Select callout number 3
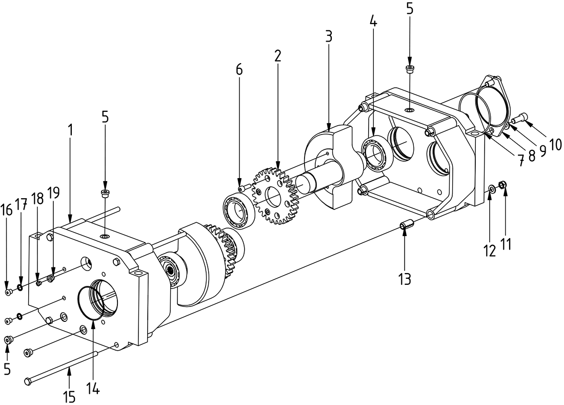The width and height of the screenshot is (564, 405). pos(329,36)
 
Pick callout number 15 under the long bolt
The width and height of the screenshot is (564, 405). pos(69,397)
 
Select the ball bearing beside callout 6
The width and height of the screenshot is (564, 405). pos(238,209)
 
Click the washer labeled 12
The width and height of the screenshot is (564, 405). pos(491,189)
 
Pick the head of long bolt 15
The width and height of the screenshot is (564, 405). pos(29,381)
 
